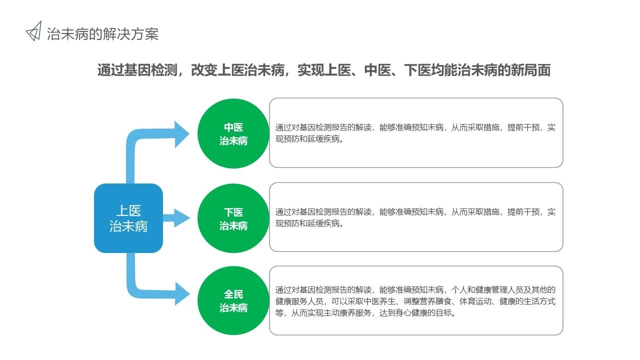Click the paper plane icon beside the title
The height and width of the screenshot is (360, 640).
click(34, 31)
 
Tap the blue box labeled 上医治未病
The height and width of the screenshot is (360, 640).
click(128, 218)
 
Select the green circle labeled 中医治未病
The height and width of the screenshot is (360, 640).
click(233, 133)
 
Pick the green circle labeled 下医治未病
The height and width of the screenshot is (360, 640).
click(233, 218)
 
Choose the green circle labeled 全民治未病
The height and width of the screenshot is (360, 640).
click(233, 300)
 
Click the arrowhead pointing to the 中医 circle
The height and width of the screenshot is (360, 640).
click(181, 134)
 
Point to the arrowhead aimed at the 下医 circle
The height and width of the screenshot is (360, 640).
click(182, 218)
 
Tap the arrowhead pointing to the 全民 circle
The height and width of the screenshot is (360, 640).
click(182, 293)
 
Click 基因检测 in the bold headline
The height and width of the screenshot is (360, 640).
click(151, 70)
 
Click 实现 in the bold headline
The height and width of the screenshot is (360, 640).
click(311, 70)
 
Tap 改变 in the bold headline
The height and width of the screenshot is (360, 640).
click(204, 70)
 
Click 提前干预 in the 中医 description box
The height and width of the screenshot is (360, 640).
click(523, 127)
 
